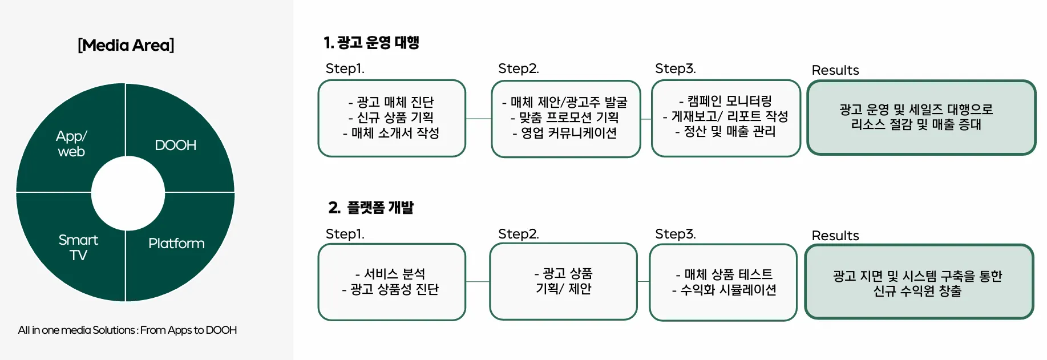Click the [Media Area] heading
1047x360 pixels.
126,45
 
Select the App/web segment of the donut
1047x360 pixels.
71,144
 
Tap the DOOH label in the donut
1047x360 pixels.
175,145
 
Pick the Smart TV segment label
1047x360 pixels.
78,247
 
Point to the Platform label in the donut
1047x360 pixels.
176,244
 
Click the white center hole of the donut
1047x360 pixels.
128,193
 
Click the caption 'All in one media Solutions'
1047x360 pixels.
127,330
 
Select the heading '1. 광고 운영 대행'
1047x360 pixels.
371,43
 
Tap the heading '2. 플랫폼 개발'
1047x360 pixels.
371,208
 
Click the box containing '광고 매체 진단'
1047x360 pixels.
392,118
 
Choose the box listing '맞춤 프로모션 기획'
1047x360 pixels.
565,119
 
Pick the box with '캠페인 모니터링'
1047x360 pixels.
726,118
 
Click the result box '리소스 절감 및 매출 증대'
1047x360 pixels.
921,118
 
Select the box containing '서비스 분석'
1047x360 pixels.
392,282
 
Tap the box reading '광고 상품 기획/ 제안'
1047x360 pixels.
563,281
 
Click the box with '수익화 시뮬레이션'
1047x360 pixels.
723,282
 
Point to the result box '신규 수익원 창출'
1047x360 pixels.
919,282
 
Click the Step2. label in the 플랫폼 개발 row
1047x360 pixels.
518,234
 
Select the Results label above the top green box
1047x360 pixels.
835,70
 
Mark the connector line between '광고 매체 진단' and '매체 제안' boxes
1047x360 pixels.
479,119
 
